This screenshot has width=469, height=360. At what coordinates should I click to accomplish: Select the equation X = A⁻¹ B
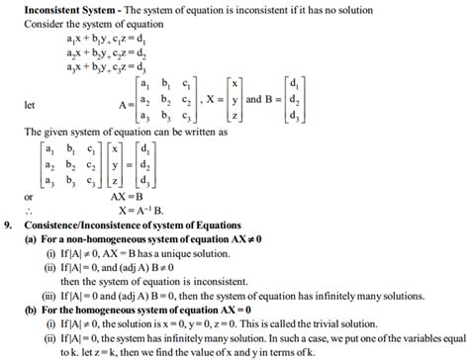145,209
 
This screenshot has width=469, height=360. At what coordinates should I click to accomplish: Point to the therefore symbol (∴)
31,210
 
